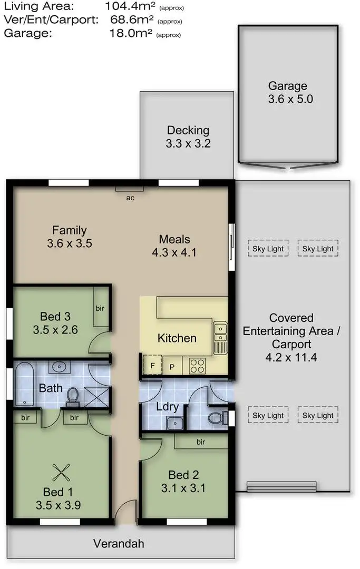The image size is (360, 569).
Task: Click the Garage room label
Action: point(287,86)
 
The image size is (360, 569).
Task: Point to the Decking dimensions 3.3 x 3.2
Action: point(188,143)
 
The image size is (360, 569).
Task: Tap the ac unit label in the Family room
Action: point(130,198)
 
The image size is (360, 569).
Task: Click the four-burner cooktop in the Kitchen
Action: point(197,366)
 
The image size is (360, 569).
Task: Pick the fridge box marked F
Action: point(152,365)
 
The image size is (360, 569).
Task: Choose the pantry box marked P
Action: point(172,366)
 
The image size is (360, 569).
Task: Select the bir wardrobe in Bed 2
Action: point(201,442)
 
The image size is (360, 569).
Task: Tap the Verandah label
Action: point(119,544)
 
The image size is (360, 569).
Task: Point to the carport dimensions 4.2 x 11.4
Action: point(291,358)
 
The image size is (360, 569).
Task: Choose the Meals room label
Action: point(174,239)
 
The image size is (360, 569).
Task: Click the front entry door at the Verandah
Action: point(124,514)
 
